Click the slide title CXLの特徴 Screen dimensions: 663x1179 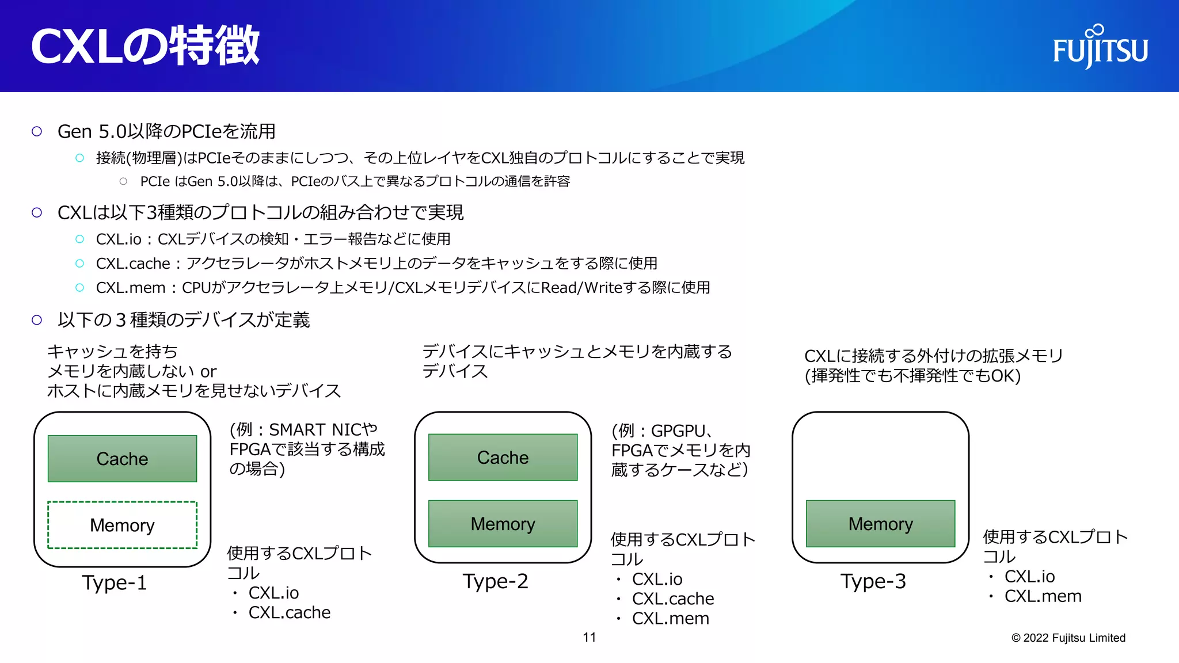tap(145, 46)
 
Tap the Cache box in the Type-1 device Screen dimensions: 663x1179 tap(122, 459)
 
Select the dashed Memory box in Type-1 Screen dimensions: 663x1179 tap(122, 525)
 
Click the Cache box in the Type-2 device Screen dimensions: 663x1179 tap(503, 458)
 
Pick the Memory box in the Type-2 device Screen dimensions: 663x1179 tap(503, 524)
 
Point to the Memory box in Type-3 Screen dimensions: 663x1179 tap(880, 524)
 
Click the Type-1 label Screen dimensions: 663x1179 tap(115, 583)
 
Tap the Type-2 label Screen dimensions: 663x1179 tap(495, 581)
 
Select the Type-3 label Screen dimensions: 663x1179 tap(873, 581)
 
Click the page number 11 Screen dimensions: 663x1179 tap(589, 637)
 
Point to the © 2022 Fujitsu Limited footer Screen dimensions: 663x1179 tap(1068, 638)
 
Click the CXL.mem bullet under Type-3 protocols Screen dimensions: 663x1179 tap(1043, 596)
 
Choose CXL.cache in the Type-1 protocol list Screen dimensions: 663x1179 tap(289, 612)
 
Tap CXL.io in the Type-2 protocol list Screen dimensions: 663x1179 tap(657, 579)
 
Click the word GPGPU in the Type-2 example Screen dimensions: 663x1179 tap(678, 431)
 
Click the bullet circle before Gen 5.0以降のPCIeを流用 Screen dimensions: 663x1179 tap(37, 131)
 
